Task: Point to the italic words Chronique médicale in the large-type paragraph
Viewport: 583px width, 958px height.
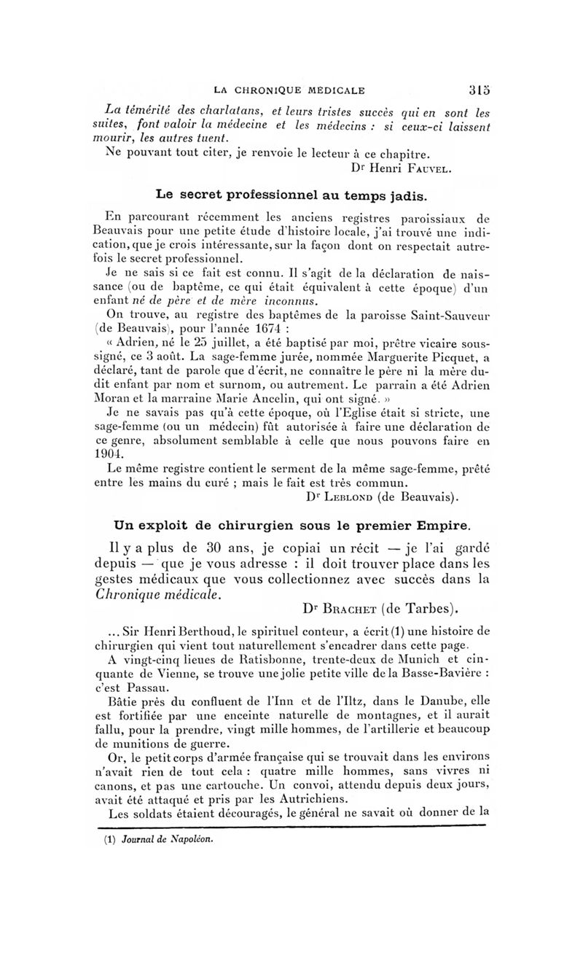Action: point(156,594)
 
